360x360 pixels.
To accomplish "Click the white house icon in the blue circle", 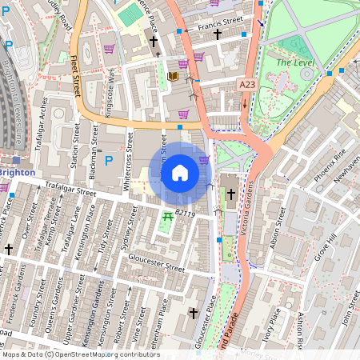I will pos(180,172).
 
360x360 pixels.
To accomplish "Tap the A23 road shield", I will pos(247,83).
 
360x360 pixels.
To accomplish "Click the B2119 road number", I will pos(185,214).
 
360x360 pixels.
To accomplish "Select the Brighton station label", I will pos(16,172).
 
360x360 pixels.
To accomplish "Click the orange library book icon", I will pos(173,78).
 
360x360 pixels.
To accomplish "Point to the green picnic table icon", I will pos(168,217).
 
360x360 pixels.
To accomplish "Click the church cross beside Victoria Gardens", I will pos(230,194).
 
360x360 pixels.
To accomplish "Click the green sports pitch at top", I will pos(128,14).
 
